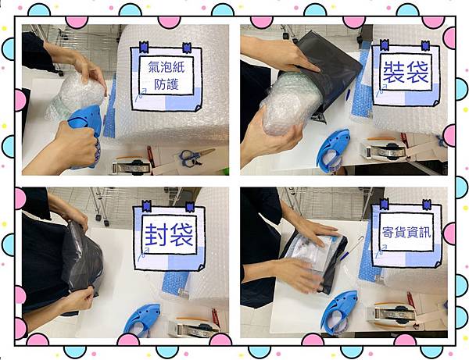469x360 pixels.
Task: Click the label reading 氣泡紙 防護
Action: (x=166, y=76)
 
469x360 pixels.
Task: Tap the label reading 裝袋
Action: (x=406, y=73)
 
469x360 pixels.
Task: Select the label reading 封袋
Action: (x=169, y=235)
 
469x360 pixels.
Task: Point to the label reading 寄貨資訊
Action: (x=406, y=232)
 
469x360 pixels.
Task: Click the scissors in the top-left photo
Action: (x=195, y=156)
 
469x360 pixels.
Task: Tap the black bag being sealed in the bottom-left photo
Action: (x=81, y=260)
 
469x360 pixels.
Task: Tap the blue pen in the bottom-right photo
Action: (x=350, y=248)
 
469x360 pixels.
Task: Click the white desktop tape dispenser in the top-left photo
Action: (x=131, y=168)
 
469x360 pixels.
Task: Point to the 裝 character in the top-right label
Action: (x=394, y=73)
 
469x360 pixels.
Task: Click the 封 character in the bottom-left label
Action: (x=156, y=235)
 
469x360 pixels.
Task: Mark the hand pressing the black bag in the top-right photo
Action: (x=285, y=54)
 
